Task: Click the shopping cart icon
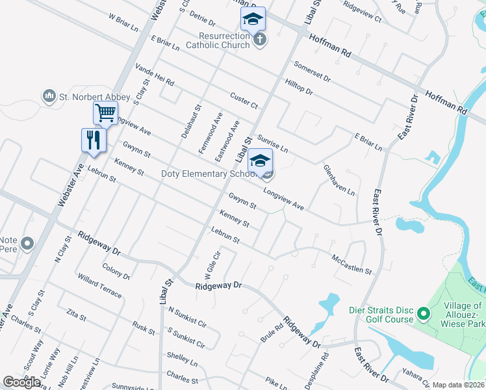(x=105, y=113)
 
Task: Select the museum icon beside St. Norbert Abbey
(x=49, y=97)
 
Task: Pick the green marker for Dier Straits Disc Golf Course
(x=423, y=315)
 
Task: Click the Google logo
(x=22, y=382)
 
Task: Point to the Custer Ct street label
(x=244, y=101)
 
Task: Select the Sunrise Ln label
(x=272, y=144)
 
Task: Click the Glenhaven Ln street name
(x=339, y=180)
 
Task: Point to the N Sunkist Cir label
(x=187, y=316)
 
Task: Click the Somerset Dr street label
(x=312, y=71)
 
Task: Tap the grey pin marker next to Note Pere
(x=27, y=244)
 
